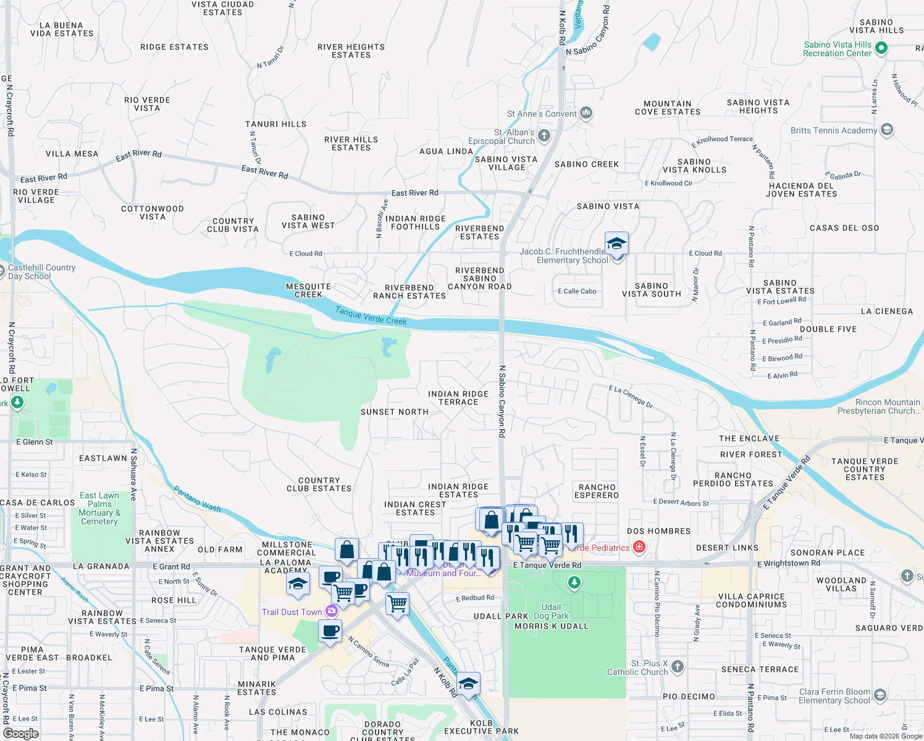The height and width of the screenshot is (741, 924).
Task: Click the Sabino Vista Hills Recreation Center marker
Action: point(881,48)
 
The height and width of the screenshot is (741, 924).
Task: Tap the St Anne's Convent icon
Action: point(586,112)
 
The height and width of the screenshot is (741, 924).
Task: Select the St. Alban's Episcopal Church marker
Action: point(544,135)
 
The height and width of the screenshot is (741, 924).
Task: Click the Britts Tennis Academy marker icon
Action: point(887,130)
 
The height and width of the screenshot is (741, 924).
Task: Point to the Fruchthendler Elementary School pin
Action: point(616,244)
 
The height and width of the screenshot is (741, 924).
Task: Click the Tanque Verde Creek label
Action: point(371,316)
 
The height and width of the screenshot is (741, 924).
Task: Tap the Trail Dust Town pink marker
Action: point(332,611)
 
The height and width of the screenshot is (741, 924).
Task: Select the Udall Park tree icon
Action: point(574,582)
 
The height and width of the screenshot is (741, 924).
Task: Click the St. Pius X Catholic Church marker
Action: point(678,666)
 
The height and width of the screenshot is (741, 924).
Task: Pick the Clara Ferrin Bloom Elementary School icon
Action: point(880,695)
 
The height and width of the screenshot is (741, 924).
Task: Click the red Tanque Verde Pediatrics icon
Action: point(639,547)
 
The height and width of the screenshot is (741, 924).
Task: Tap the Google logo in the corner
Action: point(20,733)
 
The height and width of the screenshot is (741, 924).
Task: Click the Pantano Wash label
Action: point(197,499)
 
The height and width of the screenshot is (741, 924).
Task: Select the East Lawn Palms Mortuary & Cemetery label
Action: point(99,508)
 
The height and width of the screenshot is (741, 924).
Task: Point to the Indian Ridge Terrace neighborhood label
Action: point(458,398)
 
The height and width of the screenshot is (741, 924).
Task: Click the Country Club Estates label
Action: point(319,484)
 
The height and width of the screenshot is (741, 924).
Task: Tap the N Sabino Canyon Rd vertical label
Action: point(502,401)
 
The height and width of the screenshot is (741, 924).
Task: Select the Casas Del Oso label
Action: point(844,228)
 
